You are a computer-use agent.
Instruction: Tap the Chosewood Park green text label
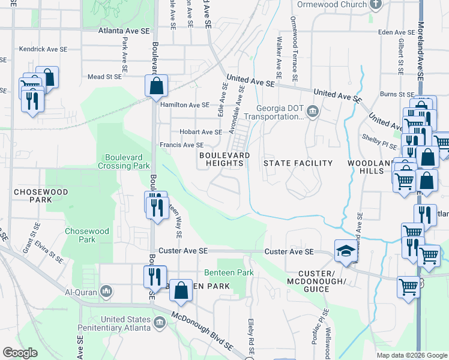click(x=87, y=235)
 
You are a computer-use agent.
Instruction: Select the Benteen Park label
click(x=229, y=272)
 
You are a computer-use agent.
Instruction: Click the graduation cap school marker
click(x=345, y=250)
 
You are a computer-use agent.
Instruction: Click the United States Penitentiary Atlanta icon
click(x=160, y=323)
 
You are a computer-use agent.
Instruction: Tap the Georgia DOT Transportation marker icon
click(x=313, y=112)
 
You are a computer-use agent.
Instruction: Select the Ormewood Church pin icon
click(x=376, y=5)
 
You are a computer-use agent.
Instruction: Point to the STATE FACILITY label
click(x=298, y=163)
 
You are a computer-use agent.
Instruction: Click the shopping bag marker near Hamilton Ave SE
click(x=156, y=86)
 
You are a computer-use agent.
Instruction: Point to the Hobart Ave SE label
click(x=200, y=132)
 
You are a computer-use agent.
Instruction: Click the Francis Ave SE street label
click(x=181, y=145)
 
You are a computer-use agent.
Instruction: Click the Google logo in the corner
click(x=20, y=353)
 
